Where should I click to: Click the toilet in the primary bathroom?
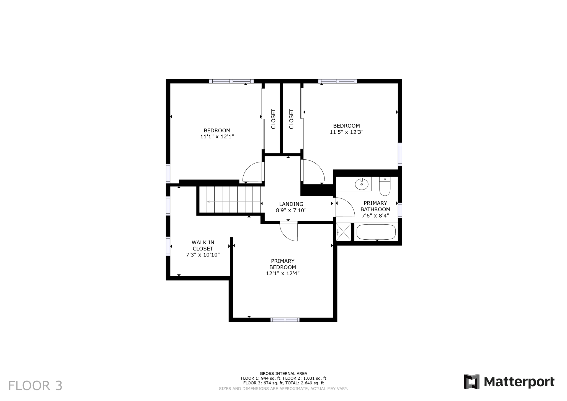[385, 187]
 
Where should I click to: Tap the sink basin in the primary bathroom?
[362, 184]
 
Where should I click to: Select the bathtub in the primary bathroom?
[376, 232]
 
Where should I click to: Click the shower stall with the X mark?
[343, 232]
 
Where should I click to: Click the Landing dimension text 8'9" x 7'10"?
[291, 210]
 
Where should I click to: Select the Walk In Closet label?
[203, 245]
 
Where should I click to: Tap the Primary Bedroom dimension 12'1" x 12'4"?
[283, 273]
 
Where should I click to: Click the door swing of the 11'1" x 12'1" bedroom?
[253, 172]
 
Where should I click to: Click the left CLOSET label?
[273, 119]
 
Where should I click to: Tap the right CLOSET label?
[291, 119]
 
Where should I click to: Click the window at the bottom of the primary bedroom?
[285, 320]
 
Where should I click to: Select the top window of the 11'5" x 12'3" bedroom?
[337, 81]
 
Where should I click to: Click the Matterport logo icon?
[472, 382]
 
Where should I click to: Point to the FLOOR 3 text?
[35, 386]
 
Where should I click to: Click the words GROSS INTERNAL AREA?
[283, 374]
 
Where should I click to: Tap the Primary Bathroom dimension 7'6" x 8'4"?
[375, 216]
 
